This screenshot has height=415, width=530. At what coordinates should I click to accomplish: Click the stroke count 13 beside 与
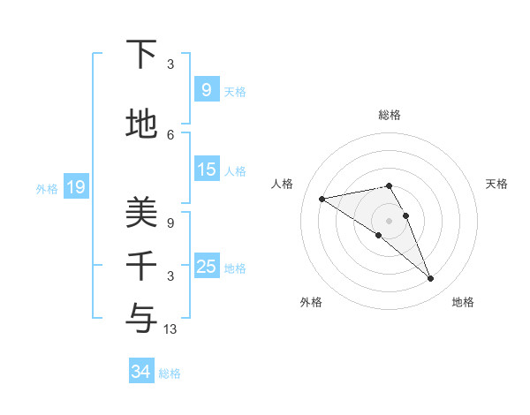[171, 329]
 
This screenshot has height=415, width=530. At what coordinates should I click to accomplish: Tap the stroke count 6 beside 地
[170, 135]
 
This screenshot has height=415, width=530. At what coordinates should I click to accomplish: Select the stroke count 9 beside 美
[170, 223]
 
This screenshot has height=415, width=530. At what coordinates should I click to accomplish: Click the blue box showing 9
[206, 89]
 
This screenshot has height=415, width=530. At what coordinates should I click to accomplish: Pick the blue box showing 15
[206, 170]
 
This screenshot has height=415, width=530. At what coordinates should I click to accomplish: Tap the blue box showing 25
[206, 267]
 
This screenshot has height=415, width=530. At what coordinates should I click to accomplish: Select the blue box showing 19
[75, 186]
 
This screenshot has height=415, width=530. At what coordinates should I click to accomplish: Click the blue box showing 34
[140, 372]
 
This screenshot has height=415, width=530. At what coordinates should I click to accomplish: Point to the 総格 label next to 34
[170, 373]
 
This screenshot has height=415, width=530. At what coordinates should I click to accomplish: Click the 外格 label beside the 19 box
[47, 188]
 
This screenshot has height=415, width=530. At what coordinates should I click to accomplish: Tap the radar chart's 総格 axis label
[390, 115]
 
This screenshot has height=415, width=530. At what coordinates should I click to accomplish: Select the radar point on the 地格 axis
[431, 279]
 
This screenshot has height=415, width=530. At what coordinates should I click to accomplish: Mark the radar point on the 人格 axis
[322, 199]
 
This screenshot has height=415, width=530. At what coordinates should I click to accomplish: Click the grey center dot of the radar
[389, 220]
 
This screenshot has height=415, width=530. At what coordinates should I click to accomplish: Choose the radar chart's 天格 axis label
[497, 184]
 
